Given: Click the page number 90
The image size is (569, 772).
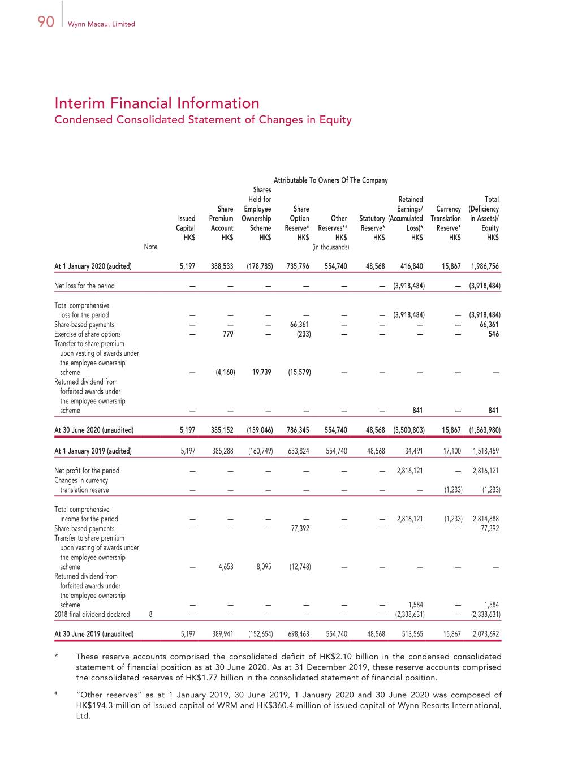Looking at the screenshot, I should click(45, 21).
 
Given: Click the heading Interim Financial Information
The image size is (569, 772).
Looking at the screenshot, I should click(157, 103).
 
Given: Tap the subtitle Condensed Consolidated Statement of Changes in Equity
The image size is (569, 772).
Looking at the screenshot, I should click(202, 120).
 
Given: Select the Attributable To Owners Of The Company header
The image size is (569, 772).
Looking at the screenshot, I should click(330, 180).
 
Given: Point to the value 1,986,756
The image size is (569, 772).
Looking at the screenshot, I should click(485, 266).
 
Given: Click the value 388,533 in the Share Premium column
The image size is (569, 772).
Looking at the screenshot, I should click(222, 266).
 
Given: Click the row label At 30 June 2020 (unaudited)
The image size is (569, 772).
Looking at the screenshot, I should click(94, 430).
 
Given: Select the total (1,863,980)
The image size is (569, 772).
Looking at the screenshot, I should click(485, 430).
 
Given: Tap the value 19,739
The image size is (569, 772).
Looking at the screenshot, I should click(261, 373).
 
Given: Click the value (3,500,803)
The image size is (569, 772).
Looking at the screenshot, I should click(409, 430).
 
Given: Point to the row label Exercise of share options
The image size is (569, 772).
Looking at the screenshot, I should click(88, 334).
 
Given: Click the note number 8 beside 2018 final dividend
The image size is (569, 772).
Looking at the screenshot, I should click(150, 615).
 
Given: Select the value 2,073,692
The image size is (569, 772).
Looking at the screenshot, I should click(486, 635).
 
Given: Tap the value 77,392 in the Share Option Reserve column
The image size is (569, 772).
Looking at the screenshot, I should click(300, 529).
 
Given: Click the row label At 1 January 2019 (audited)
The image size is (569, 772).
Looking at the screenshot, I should click(93, 451).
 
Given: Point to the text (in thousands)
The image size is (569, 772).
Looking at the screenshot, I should click(330, 247).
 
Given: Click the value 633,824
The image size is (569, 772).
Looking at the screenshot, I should click(298, 451).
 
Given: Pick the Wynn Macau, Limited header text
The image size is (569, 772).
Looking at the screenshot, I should click(101, 24).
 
